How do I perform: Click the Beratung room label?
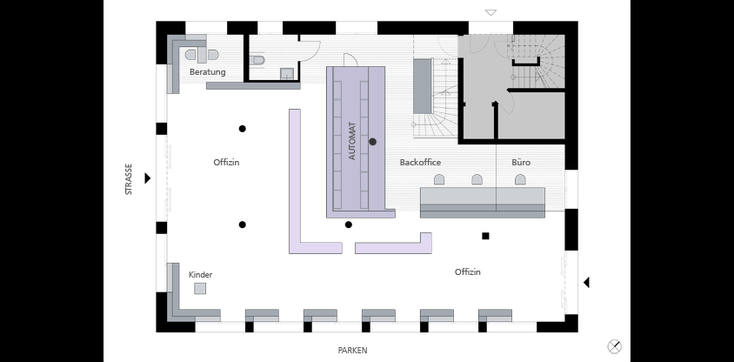pos(207,72)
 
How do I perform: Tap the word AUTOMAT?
pos(352,142)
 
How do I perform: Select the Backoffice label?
pos(420,163)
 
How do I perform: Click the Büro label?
pos(521,162)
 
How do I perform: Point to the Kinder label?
pos(200,274)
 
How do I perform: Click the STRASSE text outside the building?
pos(128,179)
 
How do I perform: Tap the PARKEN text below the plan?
pos(352,351)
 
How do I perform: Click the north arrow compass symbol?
pos(614,346)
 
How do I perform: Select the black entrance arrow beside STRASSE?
pos(148,178)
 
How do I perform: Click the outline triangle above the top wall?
pos(490,12)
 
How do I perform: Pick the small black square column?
pos(485,236)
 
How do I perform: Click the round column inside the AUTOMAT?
pos(372,142)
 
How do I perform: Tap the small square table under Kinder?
pos(200,289)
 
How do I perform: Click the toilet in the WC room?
pos(257,60)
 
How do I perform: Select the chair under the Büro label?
pos(520,179)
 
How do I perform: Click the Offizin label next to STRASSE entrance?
pos(226,163)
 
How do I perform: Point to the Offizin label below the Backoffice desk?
pos(468,272)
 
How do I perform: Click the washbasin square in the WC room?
pos(287,73)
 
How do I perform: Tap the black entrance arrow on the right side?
pos(586,283)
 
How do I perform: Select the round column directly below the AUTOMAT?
pos(348,225)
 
